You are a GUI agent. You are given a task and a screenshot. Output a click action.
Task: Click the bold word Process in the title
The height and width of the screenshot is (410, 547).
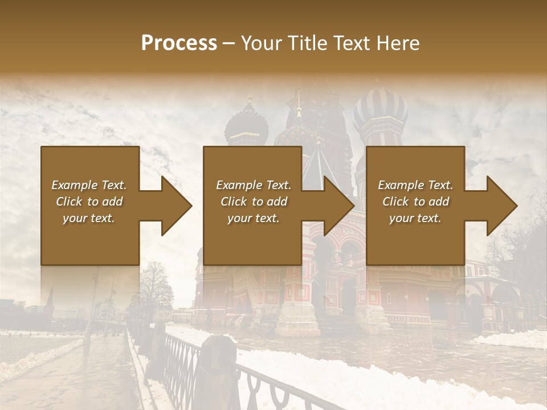coord(179,43)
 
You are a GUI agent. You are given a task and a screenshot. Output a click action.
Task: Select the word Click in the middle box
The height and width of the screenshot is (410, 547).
coord(233,202)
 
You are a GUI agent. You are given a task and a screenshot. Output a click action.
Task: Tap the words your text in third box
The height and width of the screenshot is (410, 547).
coord(415,218)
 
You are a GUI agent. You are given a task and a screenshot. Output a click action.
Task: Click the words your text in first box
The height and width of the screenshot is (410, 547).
coord(89,218)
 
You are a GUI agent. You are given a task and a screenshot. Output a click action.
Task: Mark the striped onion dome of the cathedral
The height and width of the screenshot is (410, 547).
coord(379,111)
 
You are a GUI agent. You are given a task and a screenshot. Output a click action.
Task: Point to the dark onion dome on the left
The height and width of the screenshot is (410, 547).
coord(246,125)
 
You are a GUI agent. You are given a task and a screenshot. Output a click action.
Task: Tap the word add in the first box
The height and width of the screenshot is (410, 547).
coord(113,202)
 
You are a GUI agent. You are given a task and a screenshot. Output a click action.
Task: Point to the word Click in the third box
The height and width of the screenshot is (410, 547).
coord(395,202)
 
